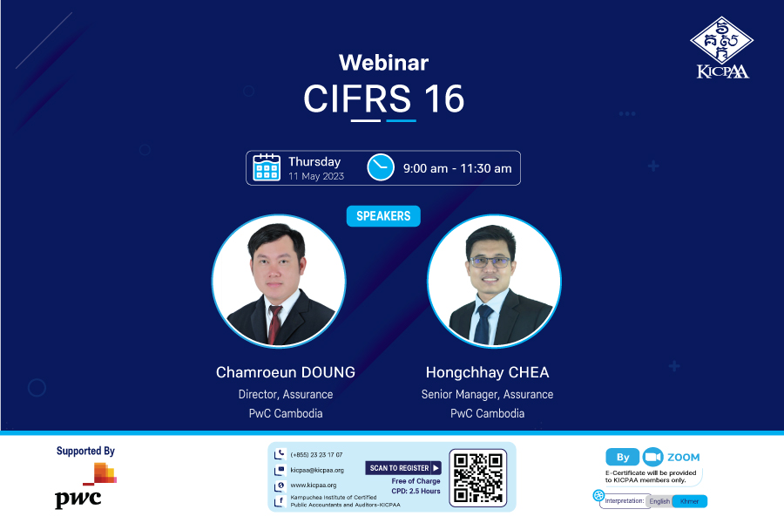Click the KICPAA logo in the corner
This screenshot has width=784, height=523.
(x=722, y=48)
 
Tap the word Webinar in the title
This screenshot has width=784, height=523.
(x=383, y=63)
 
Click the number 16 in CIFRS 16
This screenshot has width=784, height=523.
(x=444, y=98)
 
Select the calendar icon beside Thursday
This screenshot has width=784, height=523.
(x=267, y=167)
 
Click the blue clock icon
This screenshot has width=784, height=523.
(x=381, y=167)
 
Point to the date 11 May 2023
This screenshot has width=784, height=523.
(x=316, y=176)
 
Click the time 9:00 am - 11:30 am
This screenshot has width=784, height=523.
(x=457, y=168)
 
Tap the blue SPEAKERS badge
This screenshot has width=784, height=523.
(x=383, y=216)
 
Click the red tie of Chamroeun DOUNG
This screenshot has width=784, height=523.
(x=274, y=324)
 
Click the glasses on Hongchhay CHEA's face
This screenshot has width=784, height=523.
(x=490, y=261)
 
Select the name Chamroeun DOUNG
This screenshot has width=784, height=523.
(x=286, y=372)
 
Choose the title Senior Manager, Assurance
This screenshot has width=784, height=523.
(x=487, y=394)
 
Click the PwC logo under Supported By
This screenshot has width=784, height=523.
(x=85, y=486)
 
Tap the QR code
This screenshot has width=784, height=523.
(x=478, y=478)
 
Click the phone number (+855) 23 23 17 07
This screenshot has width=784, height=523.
(x=316, y=455)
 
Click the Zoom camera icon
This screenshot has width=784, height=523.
(x=652, y=457)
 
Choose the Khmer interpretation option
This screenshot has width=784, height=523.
(x=690, y=501)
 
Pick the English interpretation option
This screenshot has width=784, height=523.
(x=659, y=501)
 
